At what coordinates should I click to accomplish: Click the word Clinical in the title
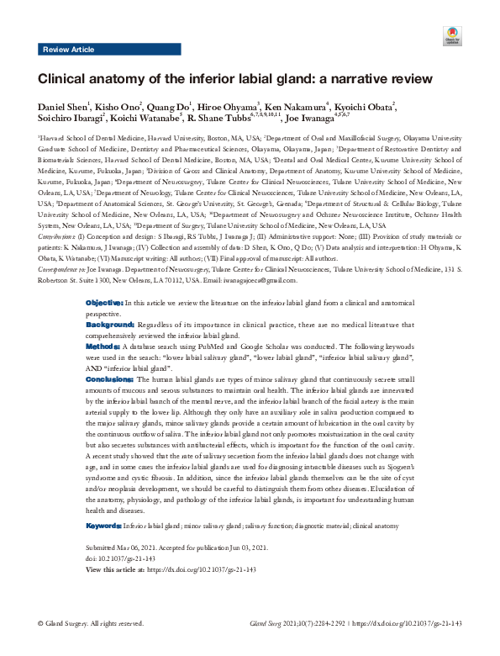(x=63, y=80)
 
